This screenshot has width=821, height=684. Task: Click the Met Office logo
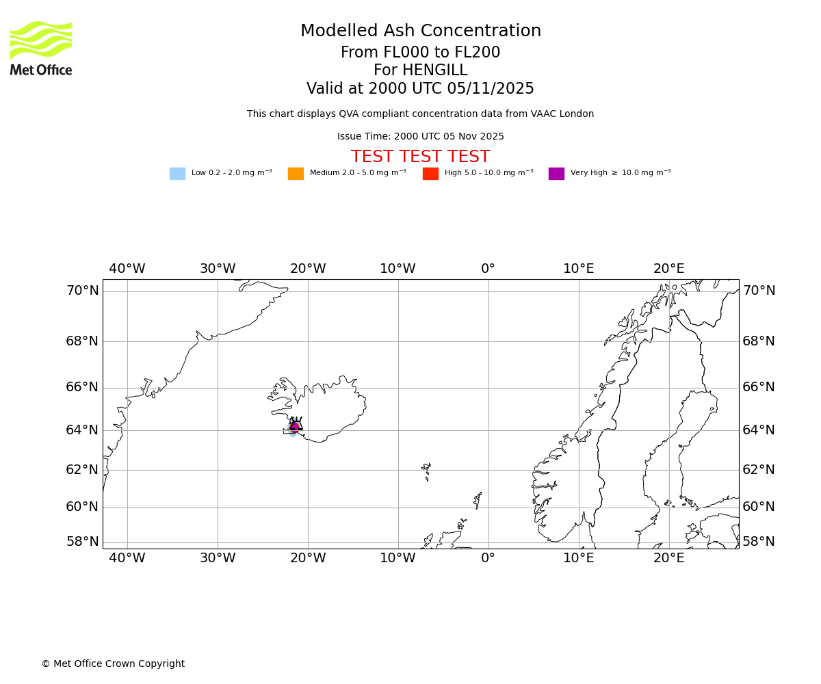(x=41, y=48)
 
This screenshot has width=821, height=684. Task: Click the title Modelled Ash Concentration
(x=421, y=31)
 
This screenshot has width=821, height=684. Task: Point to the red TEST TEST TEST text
(x=420, y=157)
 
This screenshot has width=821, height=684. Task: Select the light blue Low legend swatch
(x=177, y=174)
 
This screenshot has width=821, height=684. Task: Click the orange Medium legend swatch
(x=296, y=174)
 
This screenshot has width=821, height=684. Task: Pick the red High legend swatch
(x=430, y=174)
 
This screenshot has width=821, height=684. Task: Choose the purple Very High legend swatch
(x=556, y=174)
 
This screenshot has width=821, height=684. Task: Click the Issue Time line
(x=420, y=137)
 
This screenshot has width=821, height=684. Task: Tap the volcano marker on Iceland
(x=296, y=425)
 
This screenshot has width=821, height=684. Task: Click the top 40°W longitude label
(x=127, y=269)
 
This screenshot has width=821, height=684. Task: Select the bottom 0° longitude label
(x=488, y=558)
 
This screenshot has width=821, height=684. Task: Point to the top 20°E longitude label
(x=668, y=269)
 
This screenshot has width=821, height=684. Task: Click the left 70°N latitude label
(x=82, y=291)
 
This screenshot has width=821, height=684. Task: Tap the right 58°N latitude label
(x=759, y=542)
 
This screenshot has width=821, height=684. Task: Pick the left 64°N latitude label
(x=82, y=430)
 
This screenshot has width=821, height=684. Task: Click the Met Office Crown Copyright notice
(x=113, y=664)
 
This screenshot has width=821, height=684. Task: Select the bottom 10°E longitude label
(x=578, y=558)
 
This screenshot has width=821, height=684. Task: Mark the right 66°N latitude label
(x=759, y=387)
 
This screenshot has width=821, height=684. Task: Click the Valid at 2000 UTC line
(x=420, y=89)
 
